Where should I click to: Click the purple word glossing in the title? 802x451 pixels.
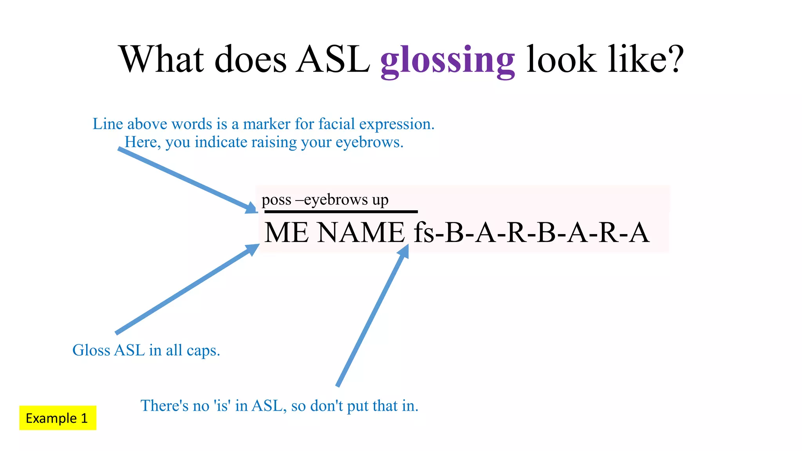pos(447,61)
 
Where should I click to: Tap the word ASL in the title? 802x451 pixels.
pos(333,60)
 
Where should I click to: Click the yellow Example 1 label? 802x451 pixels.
pos(58,418)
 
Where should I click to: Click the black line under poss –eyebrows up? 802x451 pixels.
pos(341,212)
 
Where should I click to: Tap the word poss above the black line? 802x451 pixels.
pos(276,200)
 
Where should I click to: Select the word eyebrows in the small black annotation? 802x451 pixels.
pos(336,200)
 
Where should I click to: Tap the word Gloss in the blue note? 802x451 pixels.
pos(91,350)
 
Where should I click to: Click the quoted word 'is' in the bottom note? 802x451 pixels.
pos(222,406)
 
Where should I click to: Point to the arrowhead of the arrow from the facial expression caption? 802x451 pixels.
pos(251,208)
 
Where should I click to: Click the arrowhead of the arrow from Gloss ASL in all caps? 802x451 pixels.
pos(253,249)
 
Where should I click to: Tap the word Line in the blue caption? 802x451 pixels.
pos(108,124)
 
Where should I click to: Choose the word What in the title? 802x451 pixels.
pos(161,60)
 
